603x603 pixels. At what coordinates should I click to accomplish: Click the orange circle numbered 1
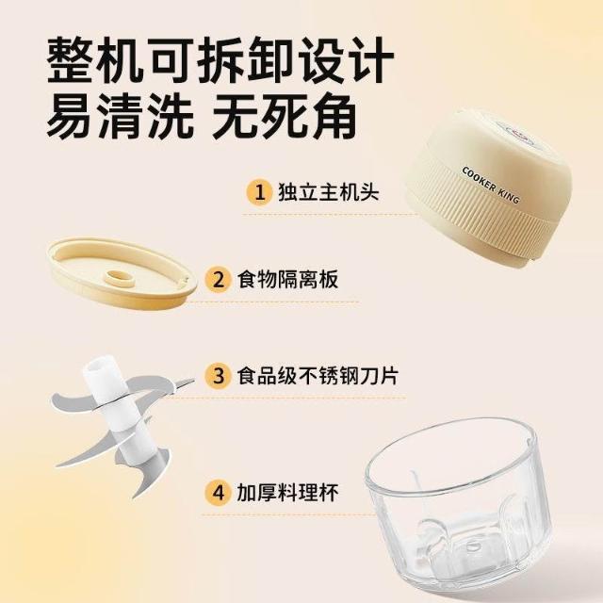[260, 192]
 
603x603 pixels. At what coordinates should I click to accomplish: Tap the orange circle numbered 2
[218, 280]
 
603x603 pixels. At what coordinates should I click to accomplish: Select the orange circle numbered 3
[218, 375]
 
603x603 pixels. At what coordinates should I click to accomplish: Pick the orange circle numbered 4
[218, 492]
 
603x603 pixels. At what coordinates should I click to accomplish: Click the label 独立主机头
[329, 192]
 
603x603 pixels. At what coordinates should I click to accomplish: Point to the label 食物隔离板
[287, 279]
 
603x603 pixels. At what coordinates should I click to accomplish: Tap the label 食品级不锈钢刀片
[318, 375]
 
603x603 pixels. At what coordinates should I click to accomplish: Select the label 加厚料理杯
[287, 492]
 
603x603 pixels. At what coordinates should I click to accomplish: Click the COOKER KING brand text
[490, 185]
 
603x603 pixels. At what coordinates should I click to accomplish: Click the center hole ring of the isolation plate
[121, 279]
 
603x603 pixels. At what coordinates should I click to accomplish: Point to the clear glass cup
[458, 508]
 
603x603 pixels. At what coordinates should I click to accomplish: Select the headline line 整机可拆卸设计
[220, 59]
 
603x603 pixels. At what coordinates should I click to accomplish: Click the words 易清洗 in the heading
[120, 115]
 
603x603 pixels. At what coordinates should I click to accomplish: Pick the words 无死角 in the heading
[284, 115]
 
